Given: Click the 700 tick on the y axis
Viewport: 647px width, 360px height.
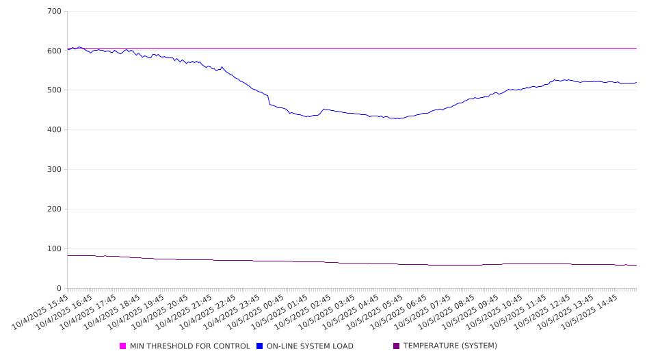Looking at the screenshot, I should [54, 12].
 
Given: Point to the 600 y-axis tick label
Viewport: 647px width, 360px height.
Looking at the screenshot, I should [54, 51].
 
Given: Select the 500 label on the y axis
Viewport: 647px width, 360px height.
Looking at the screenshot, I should [54, 90].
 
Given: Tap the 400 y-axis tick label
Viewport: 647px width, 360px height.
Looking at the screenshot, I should [54, 130].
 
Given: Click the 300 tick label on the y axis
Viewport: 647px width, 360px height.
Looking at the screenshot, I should [54, 170].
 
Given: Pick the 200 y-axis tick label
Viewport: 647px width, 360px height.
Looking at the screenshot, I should [54, 209].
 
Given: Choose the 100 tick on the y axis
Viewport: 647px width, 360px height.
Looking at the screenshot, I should [54, 248].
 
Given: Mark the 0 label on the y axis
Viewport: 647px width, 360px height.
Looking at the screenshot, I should [59, 288].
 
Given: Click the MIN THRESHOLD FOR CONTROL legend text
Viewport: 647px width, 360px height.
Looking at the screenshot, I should [189, 346].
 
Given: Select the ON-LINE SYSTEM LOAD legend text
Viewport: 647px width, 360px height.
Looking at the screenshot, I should [310, 346].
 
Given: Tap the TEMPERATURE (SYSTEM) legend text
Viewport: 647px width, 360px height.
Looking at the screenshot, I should [450, 346].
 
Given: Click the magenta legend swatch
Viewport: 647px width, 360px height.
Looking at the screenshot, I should [123, 346].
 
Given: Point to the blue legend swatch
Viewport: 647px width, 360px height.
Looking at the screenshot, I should [260, 346].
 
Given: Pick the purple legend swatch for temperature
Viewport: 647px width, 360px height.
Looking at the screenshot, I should [397, 346].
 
